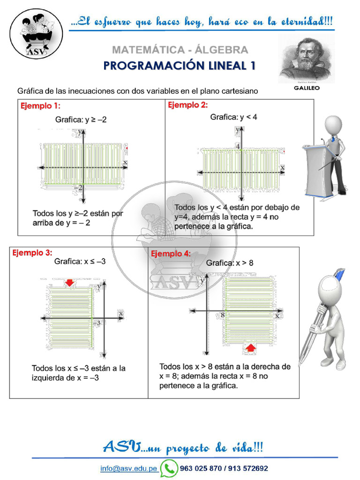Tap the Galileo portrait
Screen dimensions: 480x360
[x=307, y=59]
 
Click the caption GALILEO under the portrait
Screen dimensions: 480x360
[x=307, y=88]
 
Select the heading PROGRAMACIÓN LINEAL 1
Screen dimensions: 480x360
[x=180, y=66]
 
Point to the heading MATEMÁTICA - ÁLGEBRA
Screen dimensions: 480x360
[x=180, y=50]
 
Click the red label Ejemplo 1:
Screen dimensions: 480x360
[x=40, y=106]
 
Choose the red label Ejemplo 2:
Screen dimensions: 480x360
[x=187, y=105]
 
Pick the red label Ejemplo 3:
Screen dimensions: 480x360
[x=32, y=253]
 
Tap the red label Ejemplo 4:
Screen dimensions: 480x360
[x=171, y=254]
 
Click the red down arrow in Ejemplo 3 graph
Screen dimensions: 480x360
[x=69, y=282]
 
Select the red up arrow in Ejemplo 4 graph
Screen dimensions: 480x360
[x=251, y=347]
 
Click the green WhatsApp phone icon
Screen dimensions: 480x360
[x=169, y=468]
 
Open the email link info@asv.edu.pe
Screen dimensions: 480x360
[x=128, y=468]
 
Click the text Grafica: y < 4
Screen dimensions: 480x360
[x=233, y=117]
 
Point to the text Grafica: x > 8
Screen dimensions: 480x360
[x=230, y=263]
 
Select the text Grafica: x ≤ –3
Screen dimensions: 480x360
[x=80, y=261]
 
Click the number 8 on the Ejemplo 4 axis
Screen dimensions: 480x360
[x=222, y=315]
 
